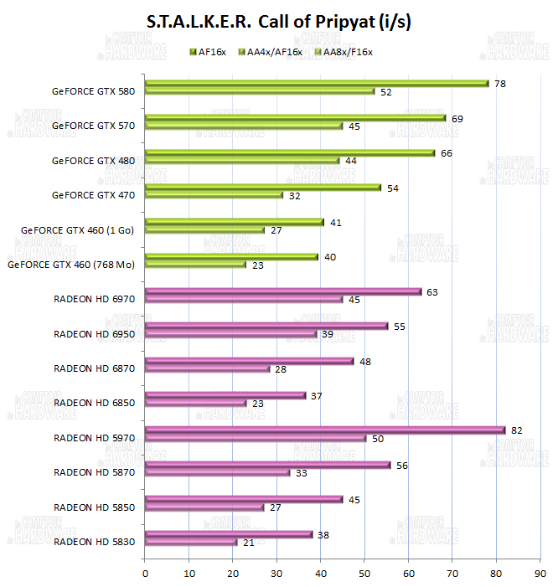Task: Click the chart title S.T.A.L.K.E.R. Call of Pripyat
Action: pyautogui.click(x=278, y=23)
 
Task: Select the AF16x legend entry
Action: pyautogui.click(x=209, y=52)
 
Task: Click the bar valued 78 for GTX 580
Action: pyautogui.click(x=316, y=83)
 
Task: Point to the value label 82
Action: pyautogui.click(x=516, y=430)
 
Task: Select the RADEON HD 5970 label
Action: pyautogui.click(x=93, y=438)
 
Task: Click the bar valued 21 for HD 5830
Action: pyautogui.click(x=191, y=542)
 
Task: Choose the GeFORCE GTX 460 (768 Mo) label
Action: pyautogui.click(x=71, y=265)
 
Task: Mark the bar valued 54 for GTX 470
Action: pyautogui.click(x=262, y=188)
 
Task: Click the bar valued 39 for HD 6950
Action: pyautogui.click(x=230, y=333)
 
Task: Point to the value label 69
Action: pyautogui.click(x=457, y=119)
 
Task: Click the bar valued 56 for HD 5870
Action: pyautogui.click(x=267, y=465)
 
